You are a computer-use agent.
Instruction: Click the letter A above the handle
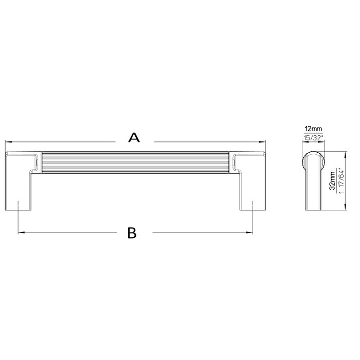(133, 138)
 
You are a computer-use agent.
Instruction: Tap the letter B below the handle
(132, 232)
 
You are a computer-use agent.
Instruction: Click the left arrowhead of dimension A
(7, 141)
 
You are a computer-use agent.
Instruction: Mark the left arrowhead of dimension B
(21, 232)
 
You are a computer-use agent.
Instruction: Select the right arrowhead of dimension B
(252, 232)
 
